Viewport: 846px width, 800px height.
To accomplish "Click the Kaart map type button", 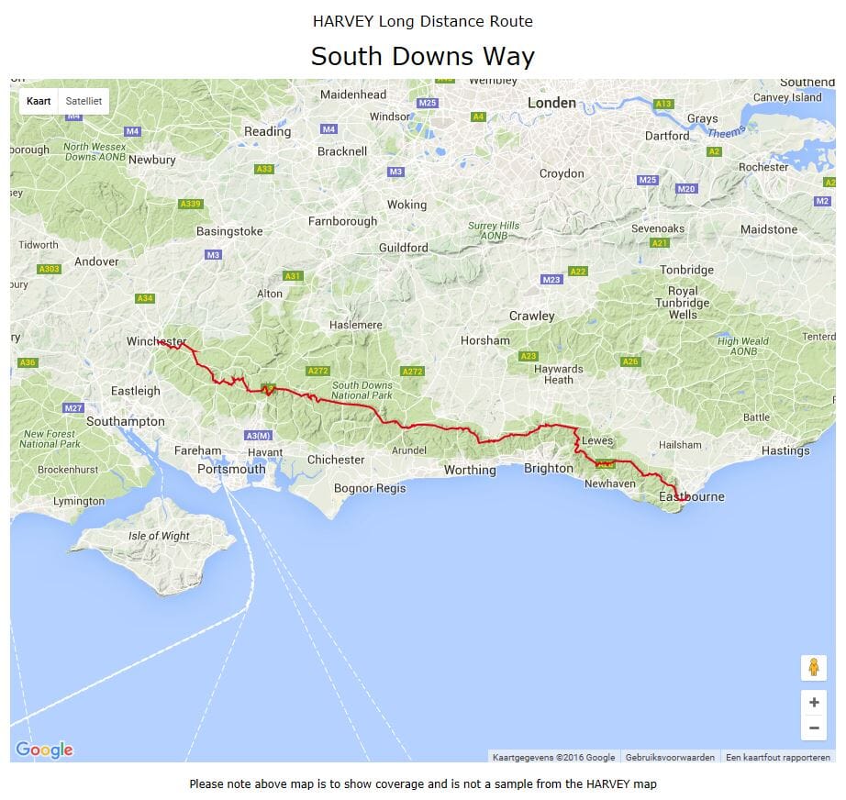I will point(39,101).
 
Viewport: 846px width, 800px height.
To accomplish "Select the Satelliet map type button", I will point(83,101).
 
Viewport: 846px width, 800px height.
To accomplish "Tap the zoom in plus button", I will point(813,703).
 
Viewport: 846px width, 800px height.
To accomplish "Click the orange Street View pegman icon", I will point(813,667).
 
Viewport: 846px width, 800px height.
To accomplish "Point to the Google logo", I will point(44,750).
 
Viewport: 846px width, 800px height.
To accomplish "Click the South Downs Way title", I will point(422,57).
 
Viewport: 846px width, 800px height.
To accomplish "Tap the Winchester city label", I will point(156,341).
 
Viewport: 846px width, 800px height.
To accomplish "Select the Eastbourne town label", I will point(692,496).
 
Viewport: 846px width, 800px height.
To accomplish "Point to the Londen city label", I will point(551,103).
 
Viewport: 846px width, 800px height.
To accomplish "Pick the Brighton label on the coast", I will point(548,468).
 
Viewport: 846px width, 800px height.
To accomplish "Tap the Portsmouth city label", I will point(231,469).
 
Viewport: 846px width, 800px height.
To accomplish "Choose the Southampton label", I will point(126,421).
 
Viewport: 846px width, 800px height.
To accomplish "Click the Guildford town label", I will point(403,248).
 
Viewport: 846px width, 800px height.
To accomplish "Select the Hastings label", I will point(785,450).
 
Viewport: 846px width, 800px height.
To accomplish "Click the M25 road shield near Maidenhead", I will point(427,103).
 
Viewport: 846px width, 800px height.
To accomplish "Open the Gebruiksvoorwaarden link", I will point(670,757).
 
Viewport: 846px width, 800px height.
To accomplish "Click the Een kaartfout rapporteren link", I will point(777,757).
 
